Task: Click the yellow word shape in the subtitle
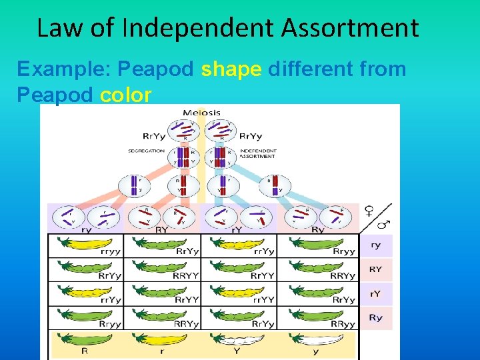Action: [x=231, y=69]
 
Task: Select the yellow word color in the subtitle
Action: [x=125, y=95]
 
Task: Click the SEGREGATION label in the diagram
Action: [x=146, y=151]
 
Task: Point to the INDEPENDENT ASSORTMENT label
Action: [x=257, y=153]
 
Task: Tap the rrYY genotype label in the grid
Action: [x=265, y=300]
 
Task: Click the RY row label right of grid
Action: [x=376, y=269]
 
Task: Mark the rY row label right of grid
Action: [x=376, y=293]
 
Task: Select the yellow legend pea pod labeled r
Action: [x=162, y=340]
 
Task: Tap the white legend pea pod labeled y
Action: [x=315, y=340]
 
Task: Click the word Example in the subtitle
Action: [x=56, y=69]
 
